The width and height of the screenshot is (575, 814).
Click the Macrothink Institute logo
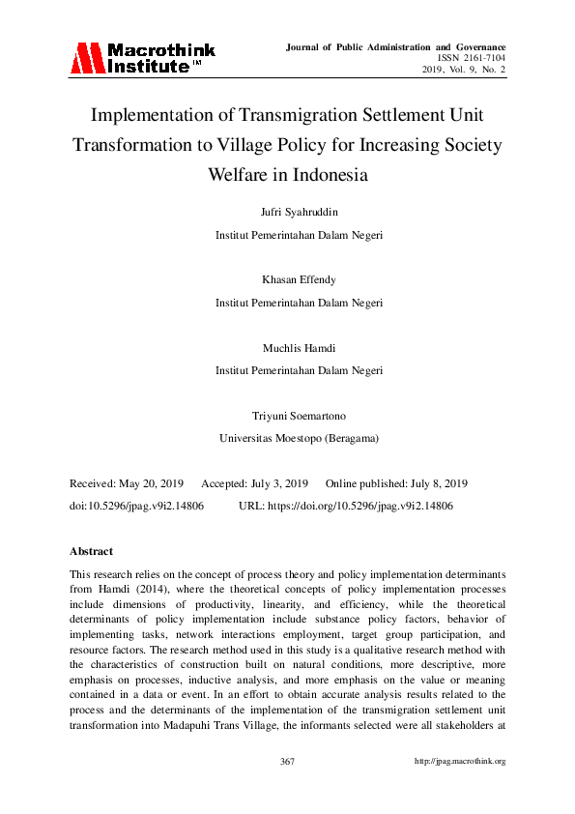[141, 58]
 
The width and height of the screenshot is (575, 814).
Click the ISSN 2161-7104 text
[472, 58]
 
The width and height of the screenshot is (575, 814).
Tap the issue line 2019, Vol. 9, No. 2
[464, 70]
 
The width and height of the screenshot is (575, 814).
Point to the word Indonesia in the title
[345, 176]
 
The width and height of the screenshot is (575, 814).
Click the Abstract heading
[91, 551]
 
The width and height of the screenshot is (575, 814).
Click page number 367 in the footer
[287, 762]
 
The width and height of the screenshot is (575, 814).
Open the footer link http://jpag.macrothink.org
[460, 762]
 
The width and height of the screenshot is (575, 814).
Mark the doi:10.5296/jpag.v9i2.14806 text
[136, 506]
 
